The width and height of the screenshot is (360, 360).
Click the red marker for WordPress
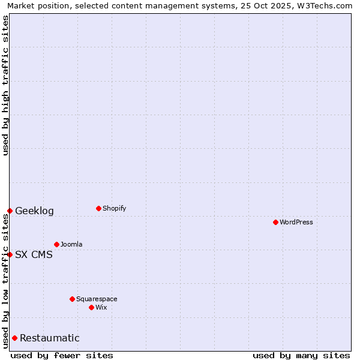[x=275, y=222]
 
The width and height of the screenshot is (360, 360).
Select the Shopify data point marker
[x=98, y=208]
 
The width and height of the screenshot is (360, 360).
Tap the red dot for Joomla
[x=56, y=244]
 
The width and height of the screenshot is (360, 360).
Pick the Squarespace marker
[x=72, y=299]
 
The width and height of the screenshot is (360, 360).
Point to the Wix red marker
[x=91, y=307]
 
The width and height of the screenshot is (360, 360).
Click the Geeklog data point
[x=10, y=211]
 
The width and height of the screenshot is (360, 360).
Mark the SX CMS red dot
[x=10, y=254]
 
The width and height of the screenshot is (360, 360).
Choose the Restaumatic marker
[x=14, y=338]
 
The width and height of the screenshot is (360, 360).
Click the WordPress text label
[x=296, y=222]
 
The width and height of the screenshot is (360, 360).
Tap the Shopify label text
[x=114, y=208]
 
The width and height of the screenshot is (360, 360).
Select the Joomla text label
[x=71, y=244]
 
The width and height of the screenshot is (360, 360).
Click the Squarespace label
[x=97, y=299]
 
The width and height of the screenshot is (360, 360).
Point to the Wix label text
[x=101, y=307]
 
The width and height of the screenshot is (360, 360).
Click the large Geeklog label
[x=34, y=211]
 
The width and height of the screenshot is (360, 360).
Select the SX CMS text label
[x=34, y=254]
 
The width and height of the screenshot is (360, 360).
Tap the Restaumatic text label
[x=50, y=338]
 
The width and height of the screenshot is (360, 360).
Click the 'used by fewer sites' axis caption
[x=62, y=355]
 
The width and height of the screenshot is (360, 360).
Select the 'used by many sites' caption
[x=301, y=355]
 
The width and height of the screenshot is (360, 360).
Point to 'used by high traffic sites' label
[x=5, y=85]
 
